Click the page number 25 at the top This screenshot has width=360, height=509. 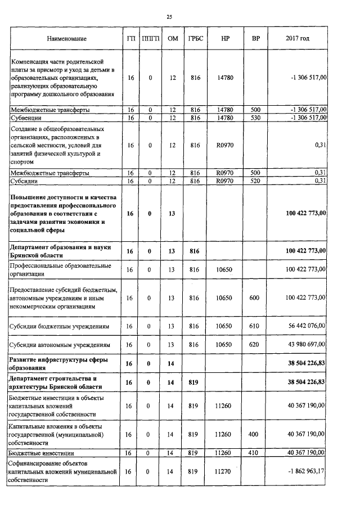[169, 17]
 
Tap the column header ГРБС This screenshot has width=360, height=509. [195, 39]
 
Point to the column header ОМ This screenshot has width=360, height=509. [173, 39]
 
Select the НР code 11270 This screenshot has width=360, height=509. [224, 471]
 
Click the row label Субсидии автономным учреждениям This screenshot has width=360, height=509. [62, 344]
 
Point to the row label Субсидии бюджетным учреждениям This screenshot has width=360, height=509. [62, 326]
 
